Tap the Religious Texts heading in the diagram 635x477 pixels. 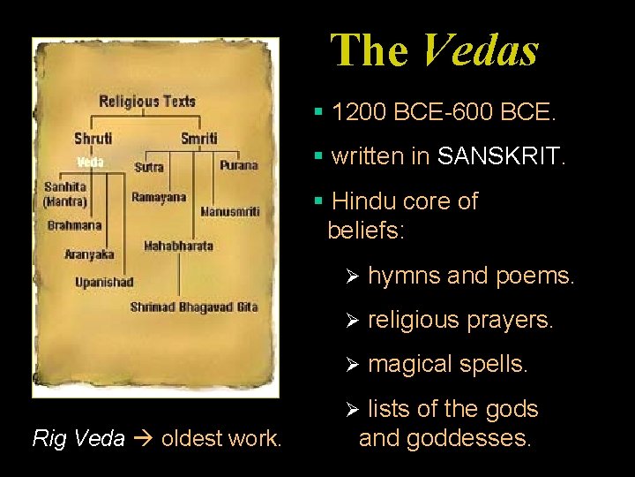pos(147,101)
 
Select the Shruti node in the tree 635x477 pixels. pos(93,139)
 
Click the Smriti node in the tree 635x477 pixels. pos(198,139)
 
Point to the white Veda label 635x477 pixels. pos(90,162)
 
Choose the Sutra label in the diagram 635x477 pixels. pos(149,167)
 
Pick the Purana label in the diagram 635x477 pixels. pos(239,165)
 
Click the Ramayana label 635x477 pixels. pos(159,197)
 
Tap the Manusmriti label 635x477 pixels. pos(230,212)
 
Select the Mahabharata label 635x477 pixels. pos(178,246)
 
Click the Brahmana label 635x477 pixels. pos(75,225)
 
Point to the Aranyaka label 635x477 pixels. pos(89,254)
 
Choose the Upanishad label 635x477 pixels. pos(104,282)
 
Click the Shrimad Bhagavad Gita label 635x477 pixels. pos(194,307)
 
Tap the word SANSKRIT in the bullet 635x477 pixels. pos(499,157)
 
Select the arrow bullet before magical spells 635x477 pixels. pos(351,364)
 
